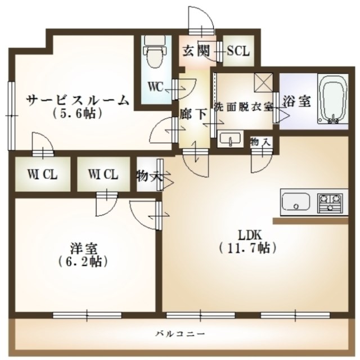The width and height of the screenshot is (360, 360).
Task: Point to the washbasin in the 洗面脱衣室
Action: pos(229,138)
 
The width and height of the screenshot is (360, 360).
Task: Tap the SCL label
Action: pos(238,51)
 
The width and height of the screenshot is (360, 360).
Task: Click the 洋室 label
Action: pos(82,248)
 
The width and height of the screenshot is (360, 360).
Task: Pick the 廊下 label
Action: pos(193,112)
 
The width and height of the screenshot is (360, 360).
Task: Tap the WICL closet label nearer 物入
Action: pos(103,175)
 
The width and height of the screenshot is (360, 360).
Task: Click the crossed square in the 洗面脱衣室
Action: pos(262,83)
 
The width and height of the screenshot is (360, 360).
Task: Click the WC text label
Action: pos(156,87)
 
